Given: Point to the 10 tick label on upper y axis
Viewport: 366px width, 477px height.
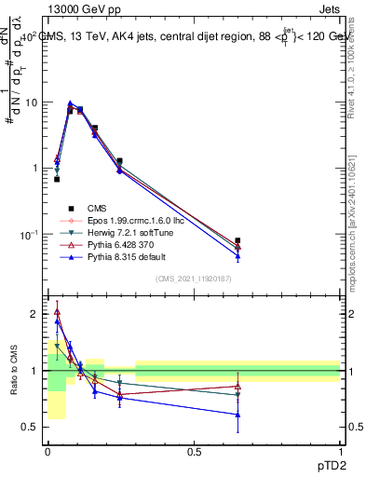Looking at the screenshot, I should pos(31,103).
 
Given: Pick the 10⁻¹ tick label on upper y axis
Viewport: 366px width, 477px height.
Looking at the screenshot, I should pos(29,234).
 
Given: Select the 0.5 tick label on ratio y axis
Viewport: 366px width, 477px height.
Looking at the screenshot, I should pos(31,427).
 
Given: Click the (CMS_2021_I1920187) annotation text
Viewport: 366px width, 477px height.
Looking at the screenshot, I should pos(194,279).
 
